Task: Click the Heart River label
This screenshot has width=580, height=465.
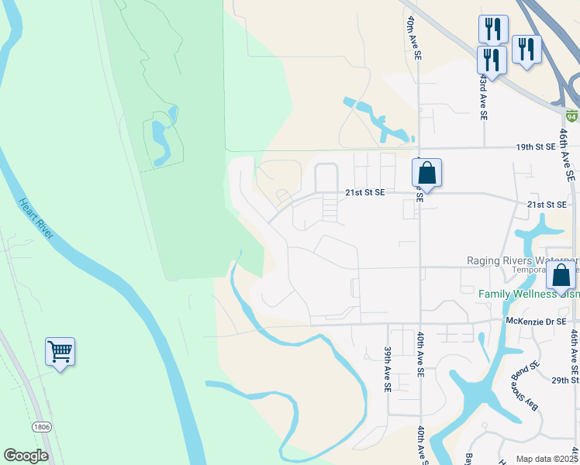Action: tap(36, 219)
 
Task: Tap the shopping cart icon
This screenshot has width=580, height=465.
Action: tap(60, 352)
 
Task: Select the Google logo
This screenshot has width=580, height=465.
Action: tap(26, 456)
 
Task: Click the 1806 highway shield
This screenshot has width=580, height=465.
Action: tap(42, 427)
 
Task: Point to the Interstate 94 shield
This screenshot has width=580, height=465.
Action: tap(571, 116)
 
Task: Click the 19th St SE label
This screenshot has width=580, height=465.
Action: tap(537, 146)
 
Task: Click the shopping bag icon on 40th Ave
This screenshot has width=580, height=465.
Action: tap(426, 173)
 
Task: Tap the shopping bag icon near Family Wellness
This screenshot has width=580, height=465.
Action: tap(561, 275)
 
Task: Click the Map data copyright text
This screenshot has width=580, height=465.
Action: tap(547, 459)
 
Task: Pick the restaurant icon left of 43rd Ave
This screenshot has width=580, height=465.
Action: tap(492, 58)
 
